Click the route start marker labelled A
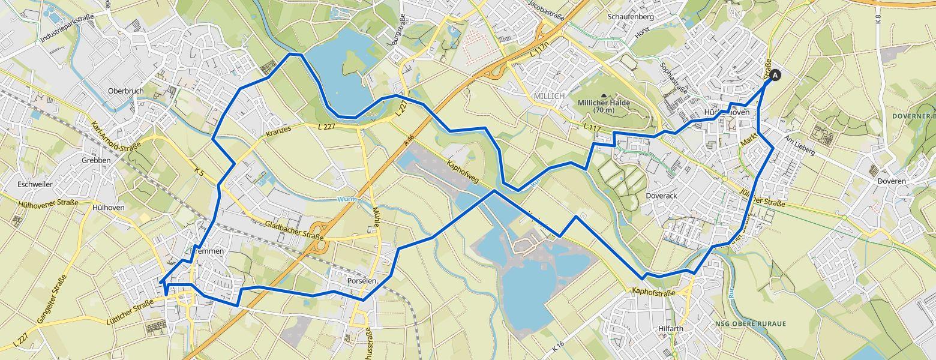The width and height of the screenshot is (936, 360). (775, 76)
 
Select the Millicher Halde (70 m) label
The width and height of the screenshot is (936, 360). (604, 106)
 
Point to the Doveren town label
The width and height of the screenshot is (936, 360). (890, 181)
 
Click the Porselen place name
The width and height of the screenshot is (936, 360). (362, 281)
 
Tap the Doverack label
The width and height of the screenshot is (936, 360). (661, 196)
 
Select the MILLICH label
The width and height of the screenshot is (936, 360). (549, 96)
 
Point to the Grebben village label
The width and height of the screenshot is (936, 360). (96, 161)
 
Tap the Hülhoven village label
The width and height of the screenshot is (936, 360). (109, 207)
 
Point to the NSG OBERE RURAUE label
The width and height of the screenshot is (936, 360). (750, 324)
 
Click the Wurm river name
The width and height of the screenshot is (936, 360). (347, 199)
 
